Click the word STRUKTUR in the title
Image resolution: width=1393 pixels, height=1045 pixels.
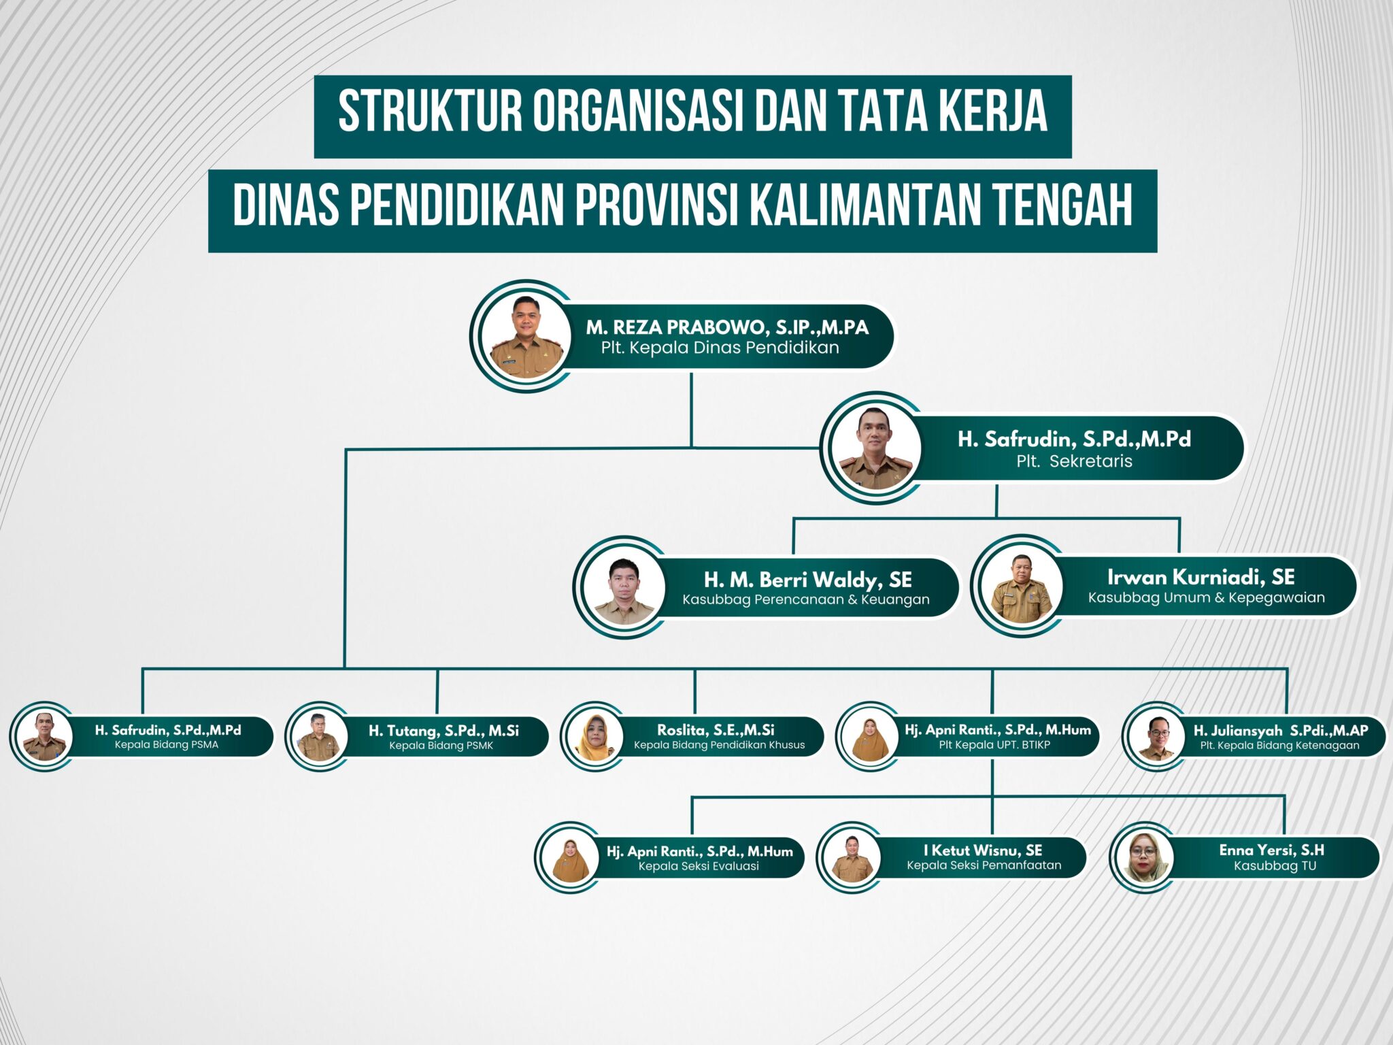(430, 111)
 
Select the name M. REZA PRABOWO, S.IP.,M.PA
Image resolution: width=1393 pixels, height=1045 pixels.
(727, 327)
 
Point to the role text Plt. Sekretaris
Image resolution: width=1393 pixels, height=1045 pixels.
(1075, 461)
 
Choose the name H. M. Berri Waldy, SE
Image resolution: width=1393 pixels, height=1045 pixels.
(808, 580)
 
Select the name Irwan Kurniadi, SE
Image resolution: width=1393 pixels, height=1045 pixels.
(1201, 577)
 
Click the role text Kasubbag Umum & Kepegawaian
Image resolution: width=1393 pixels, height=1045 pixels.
(1207, 597)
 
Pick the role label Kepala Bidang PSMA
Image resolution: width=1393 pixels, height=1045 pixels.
(167, 744)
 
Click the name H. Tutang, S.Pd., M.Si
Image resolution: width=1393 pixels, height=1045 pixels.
(443, 731)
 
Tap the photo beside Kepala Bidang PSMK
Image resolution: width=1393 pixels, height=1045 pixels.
(318, 737)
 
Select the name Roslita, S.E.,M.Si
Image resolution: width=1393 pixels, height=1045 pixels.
(716, 730)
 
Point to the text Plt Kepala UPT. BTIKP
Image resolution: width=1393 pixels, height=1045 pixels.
(994, 745)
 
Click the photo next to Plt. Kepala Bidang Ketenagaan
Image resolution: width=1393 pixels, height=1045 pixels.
(1156, 737)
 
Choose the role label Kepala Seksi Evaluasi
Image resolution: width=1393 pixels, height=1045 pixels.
(699, 866)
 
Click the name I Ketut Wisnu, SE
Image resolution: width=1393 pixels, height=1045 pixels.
(983, 850)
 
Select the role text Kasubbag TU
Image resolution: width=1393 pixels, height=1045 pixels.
(1275, 866)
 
